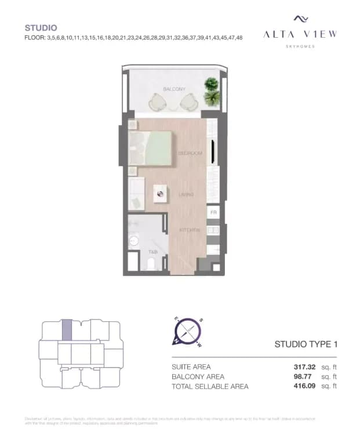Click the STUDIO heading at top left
click(x=41, y=27)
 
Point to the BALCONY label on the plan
click(x=174, y=89)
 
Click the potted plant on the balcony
click(x=212, y=91)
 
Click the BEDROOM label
click(x=190, y=153)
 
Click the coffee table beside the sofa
click(x=161, y=194)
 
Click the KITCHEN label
click(x=190, y=230)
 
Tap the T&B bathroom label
click(x=153, y=252)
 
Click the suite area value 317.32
click(x=305, y=367)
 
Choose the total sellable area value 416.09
click(x=305, y=386)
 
